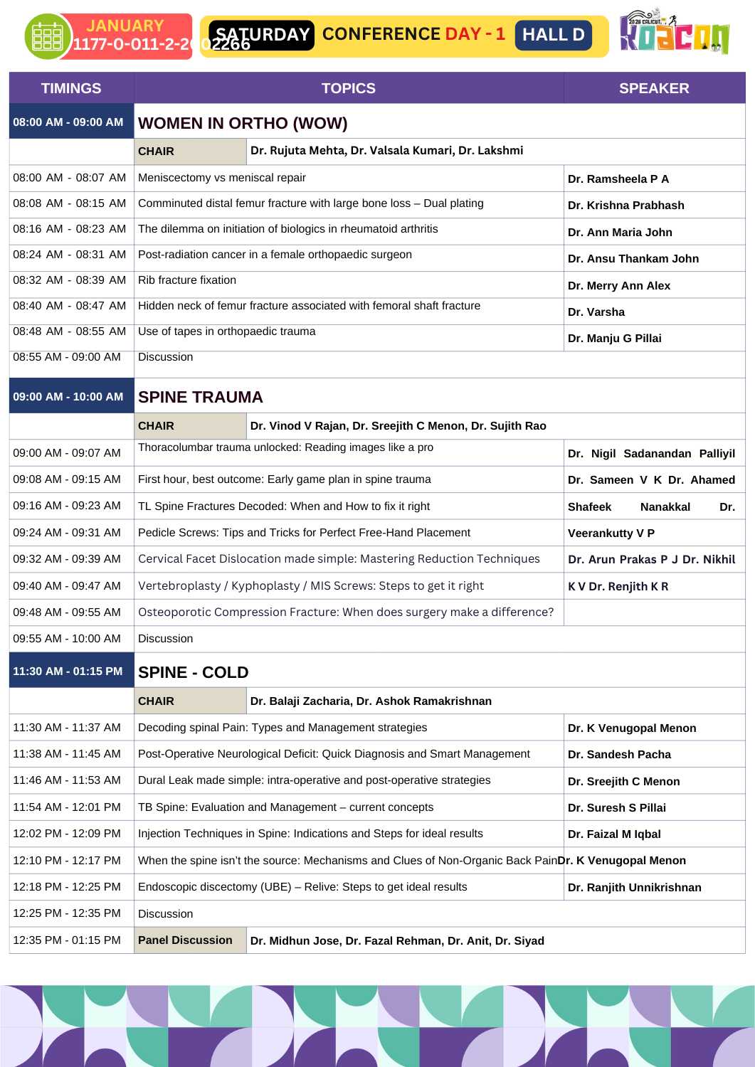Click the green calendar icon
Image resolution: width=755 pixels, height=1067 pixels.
47,36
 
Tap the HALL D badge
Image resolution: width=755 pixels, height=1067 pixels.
553,35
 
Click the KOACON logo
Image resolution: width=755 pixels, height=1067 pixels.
673,33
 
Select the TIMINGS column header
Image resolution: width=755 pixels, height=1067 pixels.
71,88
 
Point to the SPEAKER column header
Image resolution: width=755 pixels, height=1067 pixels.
654,88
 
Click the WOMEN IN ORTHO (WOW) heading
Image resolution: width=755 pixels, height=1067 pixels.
243,123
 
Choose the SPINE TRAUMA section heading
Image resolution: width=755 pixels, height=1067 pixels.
201,397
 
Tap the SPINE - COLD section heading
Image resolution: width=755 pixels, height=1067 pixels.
194,672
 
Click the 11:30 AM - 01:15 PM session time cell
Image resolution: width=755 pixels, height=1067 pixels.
68,671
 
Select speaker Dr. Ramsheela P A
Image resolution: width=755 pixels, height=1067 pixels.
618,179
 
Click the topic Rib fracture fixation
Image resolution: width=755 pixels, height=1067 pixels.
187,280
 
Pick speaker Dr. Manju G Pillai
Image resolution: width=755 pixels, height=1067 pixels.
615,339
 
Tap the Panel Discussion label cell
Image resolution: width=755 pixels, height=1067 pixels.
186,940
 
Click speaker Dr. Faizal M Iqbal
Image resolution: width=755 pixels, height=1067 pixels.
614,834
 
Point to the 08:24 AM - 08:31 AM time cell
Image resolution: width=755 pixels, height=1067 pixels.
70,255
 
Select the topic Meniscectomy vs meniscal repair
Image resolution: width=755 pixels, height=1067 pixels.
222,178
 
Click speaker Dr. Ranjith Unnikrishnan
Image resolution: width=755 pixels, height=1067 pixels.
635,888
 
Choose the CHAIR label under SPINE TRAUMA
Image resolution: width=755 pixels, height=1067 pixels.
157,426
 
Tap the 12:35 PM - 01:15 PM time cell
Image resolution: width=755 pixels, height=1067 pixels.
67,940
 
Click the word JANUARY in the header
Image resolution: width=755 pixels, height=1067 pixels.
125,26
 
